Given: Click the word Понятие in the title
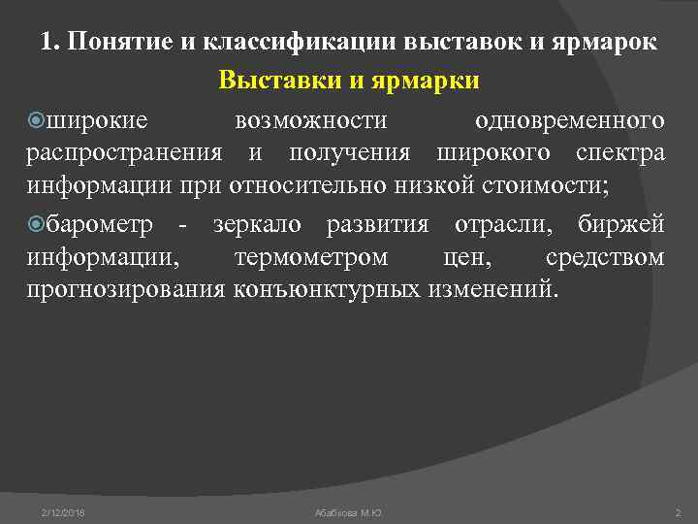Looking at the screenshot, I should [x=111, y=44].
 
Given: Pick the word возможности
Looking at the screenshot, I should [x=311, y=121].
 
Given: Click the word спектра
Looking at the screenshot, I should [x=619, y=153].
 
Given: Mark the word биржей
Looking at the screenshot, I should [x=619, y=226].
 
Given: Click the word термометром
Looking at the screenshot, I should [x=311, y=258].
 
